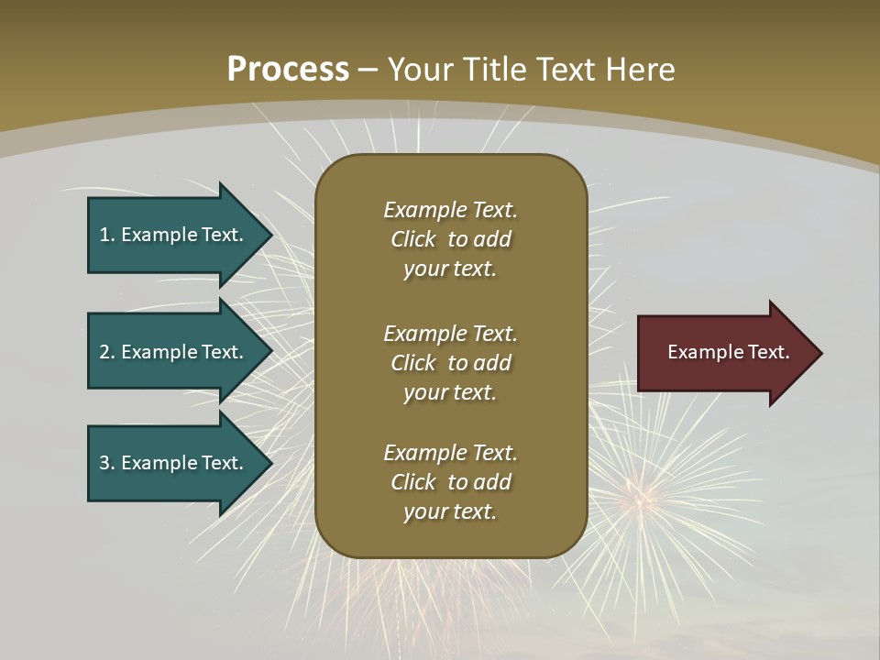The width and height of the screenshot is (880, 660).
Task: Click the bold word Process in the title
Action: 288,70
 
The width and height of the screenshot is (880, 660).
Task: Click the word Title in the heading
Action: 500,70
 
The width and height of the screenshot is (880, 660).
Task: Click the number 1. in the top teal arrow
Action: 106,235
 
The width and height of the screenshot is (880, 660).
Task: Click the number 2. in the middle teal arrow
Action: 106,352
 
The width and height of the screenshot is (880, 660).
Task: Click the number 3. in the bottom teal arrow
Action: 106,463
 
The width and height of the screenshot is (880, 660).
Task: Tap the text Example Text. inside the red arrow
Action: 728,352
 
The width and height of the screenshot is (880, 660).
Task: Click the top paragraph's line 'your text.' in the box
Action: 449,269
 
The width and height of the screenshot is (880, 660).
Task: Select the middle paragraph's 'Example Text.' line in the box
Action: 450,333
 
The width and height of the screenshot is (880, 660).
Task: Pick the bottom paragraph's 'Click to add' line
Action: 450,482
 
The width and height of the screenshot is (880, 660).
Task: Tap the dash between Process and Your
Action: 368,70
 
